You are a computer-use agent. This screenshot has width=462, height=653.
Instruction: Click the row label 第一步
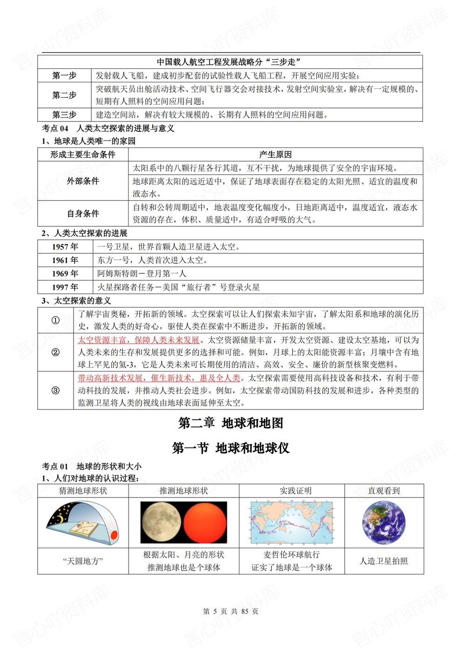[64, 75]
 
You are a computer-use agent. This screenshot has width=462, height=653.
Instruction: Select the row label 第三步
[64, 114]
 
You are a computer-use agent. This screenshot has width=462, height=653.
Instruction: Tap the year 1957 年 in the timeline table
[65, 247]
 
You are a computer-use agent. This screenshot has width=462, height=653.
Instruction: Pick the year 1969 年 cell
[65, 274]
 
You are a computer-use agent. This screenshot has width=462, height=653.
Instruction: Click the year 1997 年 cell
[65, 287]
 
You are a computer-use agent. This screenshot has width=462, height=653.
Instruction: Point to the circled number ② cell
[55, 352]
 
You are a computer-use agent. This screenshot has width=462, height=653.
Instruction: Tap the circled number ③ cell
[55, 390]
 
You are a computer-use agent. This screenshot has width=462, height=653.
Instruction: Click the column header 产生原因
[275, 155]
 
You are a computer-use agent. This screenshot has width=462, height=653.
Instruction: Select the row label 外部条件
[83, 181]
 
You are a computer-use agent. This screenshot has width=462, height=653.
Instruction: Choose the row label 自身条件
[83, 213]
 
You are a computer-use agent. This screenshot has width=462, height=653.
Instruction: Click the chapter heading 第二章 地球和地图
[231, 423]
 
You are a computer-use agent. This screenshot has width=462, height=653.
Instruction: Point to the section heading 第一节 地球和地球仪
[231, 448]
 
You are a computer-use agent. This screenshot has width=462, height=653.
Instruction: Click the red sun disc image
[204, 522]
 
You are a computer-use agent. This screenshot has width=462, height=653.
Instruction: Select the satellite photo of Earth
[384, 522]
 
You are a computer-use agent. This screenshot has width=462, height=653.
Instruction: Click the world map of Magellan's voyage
[292, 522]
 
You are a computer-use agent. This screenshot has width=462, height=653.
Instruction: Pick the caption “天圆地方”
[83, 561]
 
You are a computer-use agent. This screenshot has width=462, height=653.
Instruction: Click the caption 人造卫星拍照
[384, 561]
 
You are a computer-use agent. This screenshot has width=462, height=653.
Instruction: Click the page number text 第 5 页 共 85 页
[231, 611]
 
